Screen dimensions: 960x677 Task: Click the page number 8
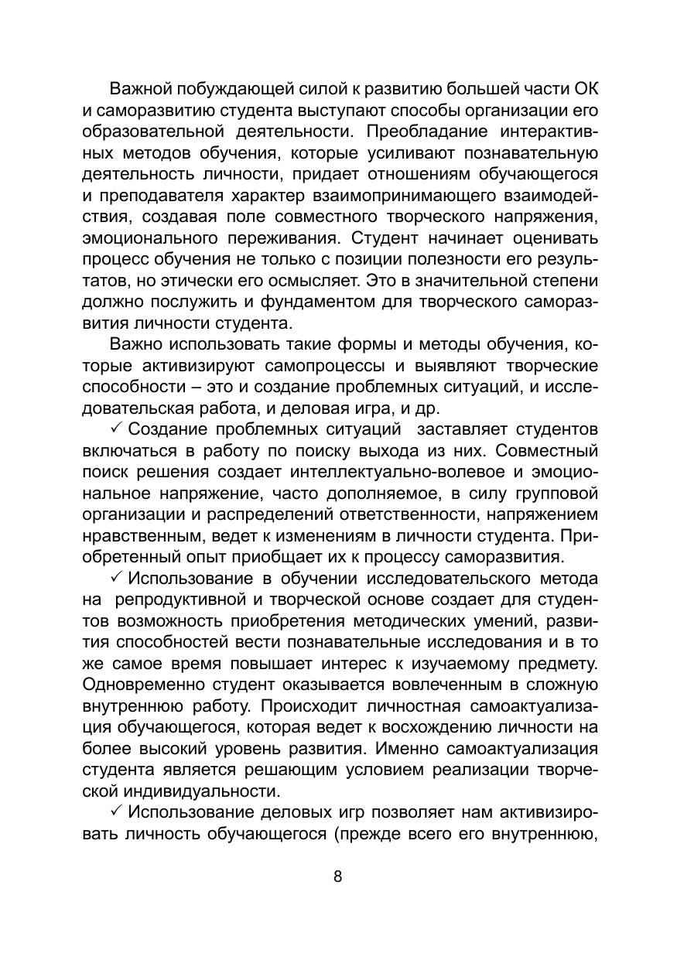click(x=337, y=876)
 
